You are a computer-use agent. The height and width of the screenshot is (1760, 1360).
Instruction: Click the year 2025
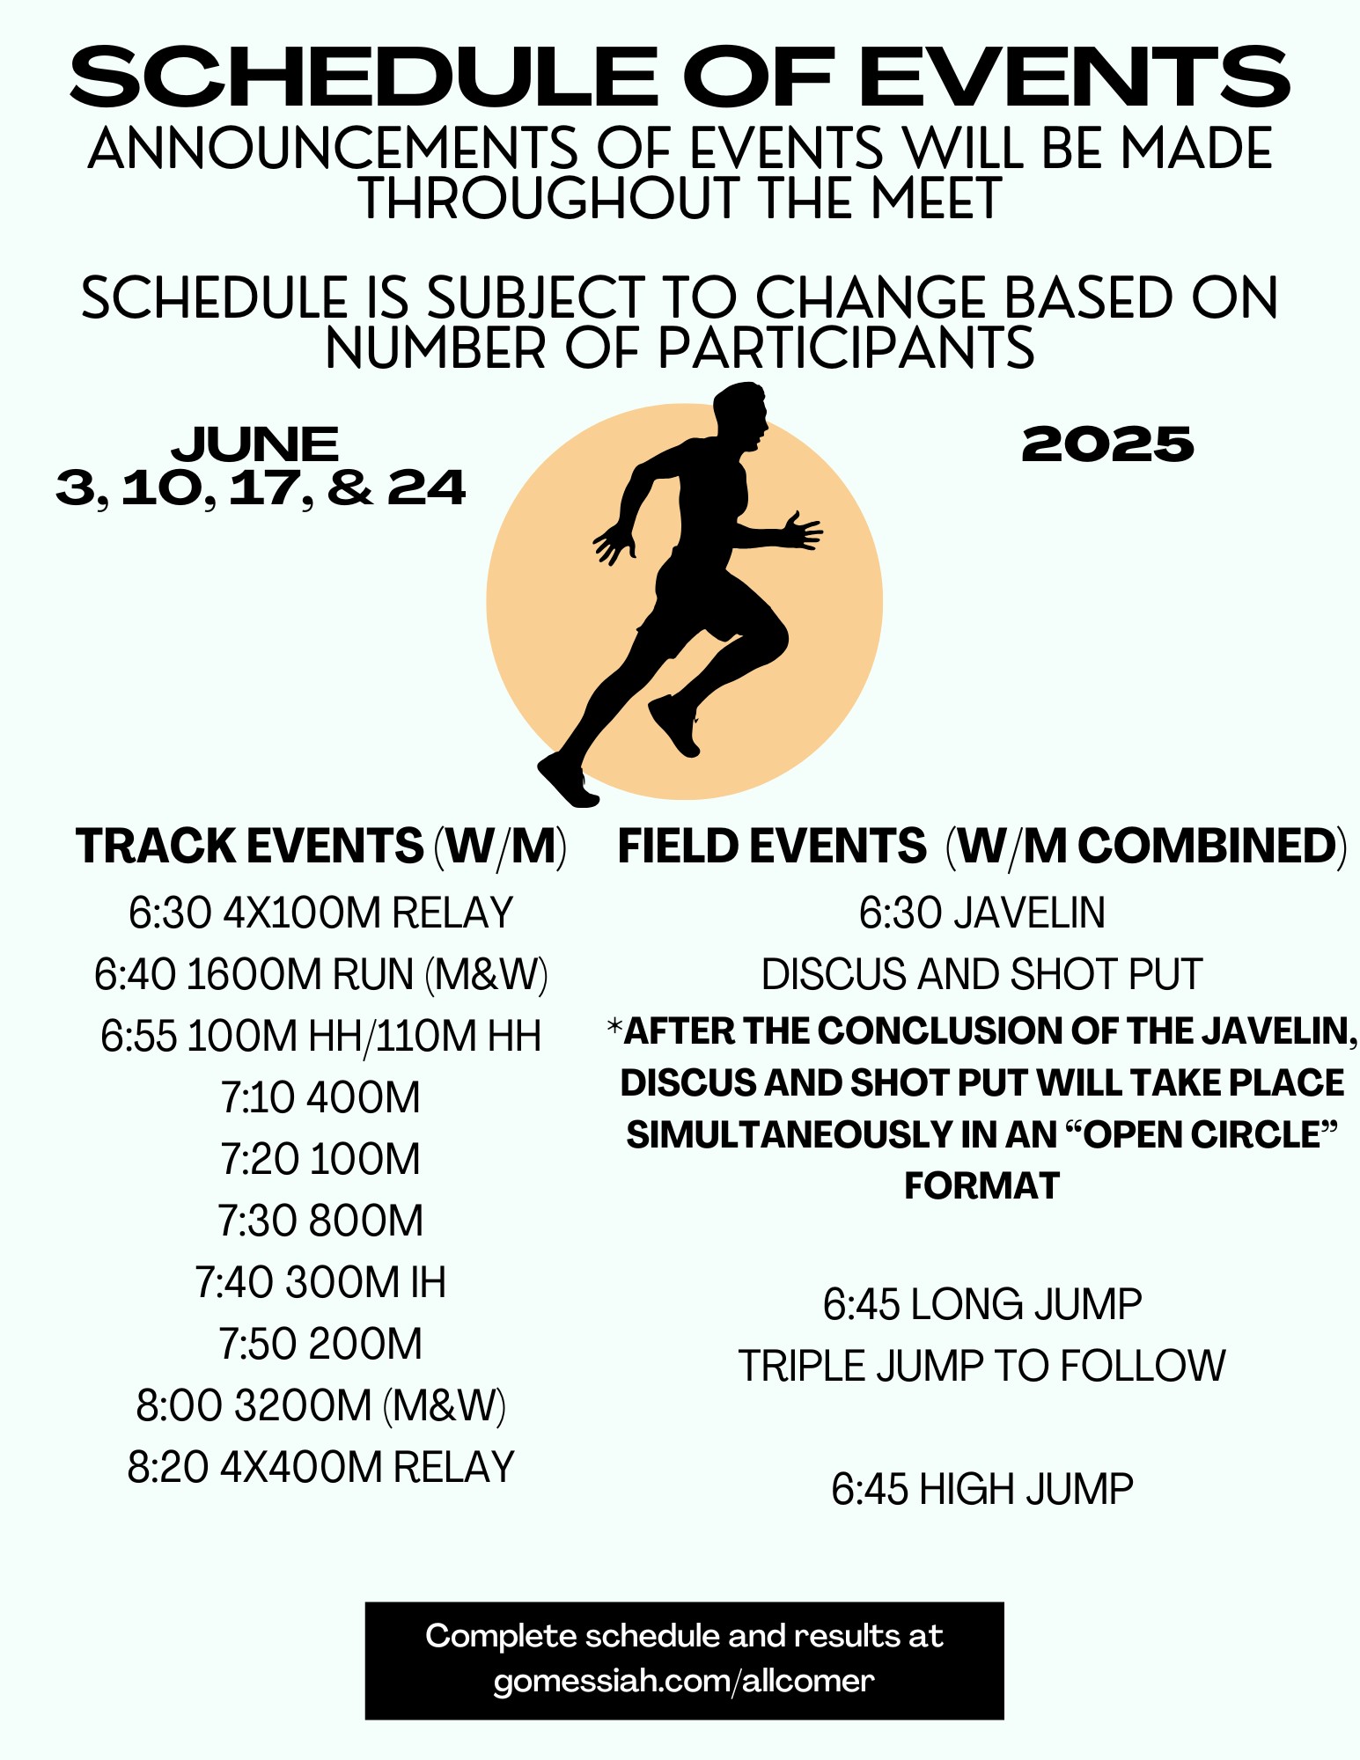tap(1107, 444)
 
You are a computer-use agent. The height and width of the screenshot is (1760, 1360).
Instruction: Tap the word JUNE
tap(255, 444)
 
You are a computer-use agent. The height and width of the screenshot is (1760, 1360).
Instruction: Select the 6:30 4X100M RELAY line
tap(320, 913)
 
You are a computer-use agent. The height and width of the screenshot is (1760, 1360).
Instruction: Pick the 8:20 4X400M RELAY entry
tap(320, 1467)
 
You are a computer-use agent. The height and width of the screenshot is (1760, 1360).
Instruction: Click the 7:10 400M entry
tap(320, 1097)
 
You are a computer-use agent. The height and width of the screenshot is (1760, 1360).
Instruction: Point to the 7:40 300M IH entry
tap(320, 1282)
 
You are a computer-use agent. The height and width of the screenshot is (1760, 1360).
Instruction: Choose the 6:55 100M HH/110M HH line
tap(320, 1036)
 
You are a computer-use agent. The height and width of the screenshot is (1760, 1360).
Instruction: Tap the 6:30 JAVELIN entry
tap(982, 913)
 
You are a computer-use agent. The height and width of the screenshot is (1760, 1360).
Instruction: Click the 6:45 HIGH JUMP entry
tap(982, 1489)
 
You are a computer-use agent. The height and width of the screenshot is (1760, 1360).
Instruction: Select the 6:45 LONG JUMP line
tap(982, 1304)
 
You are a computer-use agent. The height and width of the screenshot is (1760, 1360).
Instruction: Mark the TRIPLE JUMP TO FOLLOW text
tap(982, 1366)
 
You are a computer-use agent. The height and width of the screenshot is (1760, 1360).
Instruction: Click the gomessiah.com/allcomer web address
tap(684, 1681)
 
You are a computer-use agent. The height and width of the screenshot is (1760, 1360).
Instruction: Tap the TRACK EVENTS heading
tap(249, 846)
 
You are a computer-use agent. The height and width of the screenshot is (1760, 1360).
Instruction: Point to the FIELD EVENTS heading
tap(772, 846)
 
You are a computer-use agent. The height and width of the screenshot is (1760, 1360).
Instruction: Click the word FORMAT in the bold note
tap(982, 1185)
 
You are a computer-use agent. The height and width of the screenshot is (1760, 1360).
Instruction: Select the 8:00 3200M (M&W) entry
tap(320, 1405)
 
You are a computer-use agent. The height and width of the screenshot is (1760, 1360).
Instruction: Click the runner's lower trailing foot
tap(567, 781)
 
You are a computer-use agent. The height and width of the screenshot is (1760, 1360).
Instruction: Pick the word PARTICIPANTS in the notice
tap(846, 348)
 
